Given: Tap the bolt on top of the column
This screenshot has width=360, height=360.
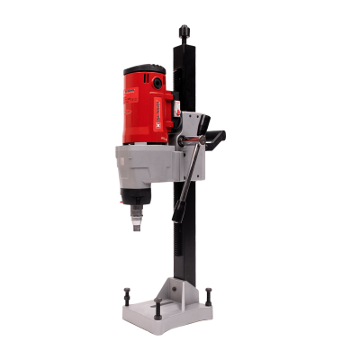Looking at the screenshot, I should [x=184, y=33].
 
